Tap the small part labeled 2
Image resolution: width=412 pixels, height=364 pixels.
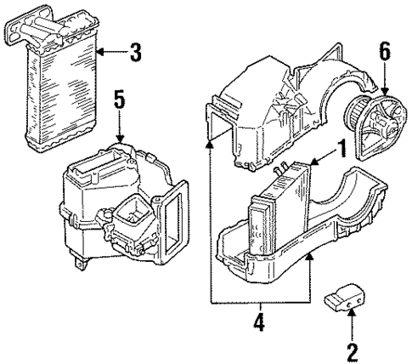[x=344, y=302]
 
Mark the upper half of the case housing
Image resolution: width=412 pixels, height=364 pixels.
[x=280, y=102]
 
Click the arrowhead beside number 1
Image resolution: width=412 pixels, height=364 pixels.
[x=316, y=161]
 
